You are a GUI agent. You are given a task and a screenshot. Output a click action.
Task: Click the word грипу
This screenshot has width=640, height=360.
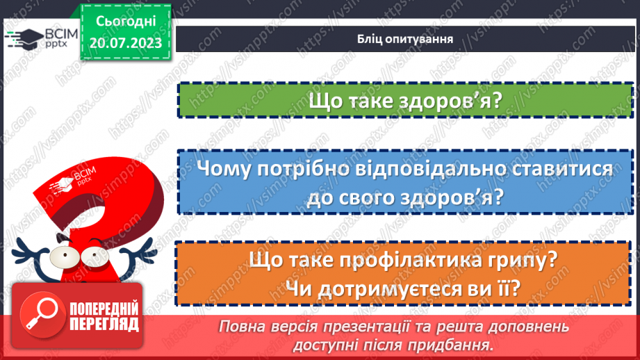[x=529, y=261]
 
